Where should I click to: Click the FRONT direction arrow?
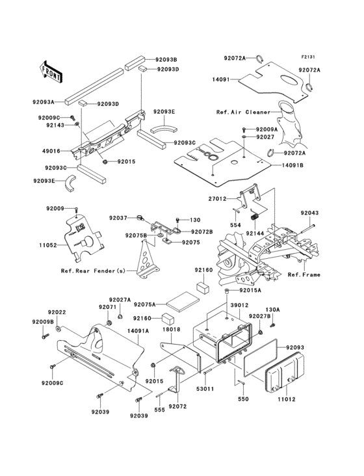[51, 70]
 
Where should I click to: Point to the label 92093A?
[44, 101]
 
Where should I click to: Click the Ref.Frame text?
[304, 275]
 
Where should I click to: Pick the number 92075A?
[145, 304]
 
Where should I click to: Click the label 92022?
[57, 313]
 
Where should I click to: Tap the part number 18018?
[171, 330]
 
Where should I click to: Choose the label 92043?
[310, 213]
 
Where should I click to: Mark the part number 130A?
[272, 310]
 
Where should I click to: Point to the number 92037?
[118, 218]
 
